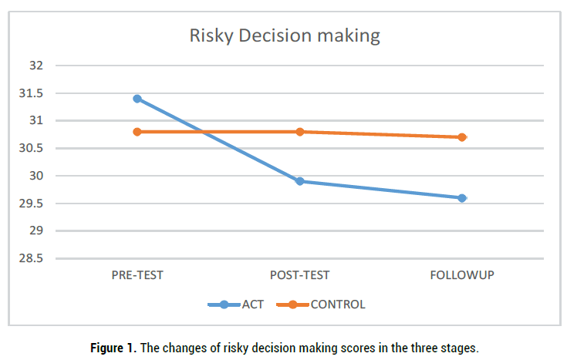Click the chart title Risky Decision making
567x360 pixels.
[285, 36]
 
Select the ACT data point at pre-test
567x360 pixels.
[137, 99]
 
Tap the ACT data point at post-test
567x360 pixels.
[299, 181]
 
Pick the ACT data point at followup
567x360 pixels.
[462, 198]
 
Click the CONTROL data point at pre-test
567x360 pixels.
[137, 132]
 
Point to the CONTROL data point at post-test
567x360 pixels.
[299, 132]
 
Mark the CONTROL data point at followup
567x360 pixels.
[462, 137]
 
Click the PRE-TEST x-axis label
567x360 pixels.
[137, 274]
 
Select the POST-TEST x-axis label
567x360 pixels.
[299, 274]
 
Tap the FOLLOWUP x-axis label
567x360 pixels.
[462, 274]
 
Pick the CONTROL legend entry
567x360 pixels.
[337, 304]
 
